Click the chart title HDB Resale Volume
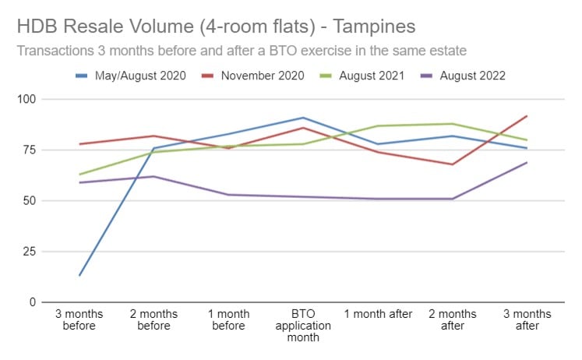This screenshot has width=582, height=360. click(216, 26)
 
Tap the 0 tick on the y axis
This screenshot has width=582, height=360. click(33, 302)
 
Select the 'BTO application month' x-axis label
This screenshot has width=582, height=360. click(304, 326)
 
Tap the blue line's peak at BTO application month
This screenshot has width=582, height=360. click(304, 118)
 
